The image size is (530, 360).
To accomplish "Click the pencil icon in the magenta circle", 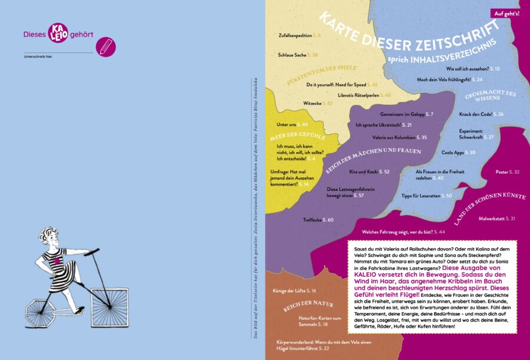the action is click(x=105, y=47).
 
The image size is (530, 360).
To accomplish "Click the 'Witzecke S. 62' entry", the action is click(x=317, y=103).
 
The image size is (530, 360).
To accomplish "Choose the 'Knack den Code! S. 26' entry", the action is click(x=481, y=114).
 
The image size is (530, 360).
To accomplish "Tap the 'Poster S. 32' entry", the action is click(x=508, y=172).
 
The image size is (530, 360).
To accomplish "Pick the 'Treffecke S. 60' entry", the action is click(x=318, y=220).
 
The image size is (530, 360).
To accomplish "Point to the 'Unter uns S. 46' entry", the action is click(x=292, y=125).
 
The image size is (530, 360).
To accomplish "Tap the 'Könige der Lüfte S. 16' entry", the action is click(x=294, y=290).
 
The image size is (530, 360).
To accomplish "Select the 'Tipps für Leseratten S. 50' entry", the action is click(x=426, y=195).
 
